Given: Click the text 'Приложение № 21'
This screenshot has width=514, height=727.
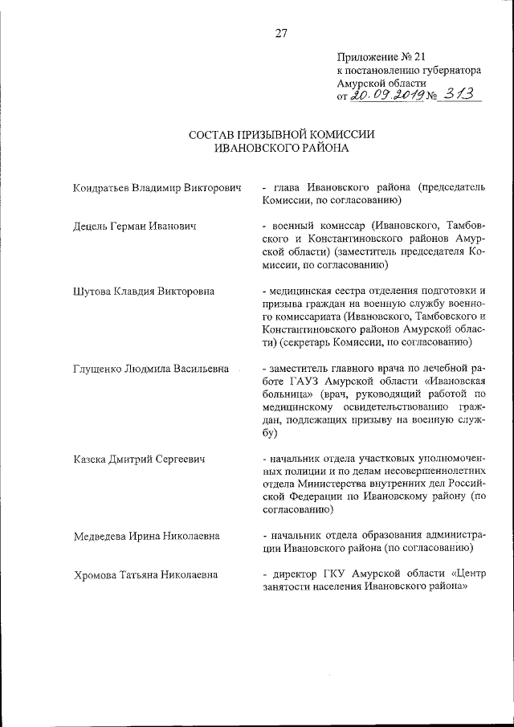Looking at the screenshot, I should [x=375, y=57].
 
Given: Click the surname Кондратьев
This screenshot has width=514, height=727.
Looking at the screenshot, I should [x=101, y=188].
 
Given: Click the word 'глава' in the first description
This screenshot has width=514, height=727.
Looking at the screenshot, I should [x=288, y=188].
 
